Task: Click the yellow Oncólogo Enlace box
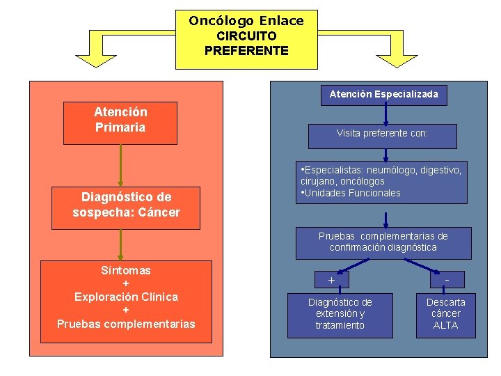click(x=246, y=39)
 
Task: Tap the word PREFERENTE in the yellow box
click(x=246, y=51)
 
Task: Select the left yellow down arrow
click(x=96, y=57)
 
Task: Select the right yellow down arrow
click(x=396, y=57)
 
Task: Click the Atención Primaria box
click(x=120, y=123)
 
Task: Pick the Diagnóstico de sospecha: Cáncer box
click(x=126, y=207)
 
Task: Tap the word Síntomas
click(x=126, y=270)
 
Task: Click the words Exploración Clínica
click(x=126, y=297)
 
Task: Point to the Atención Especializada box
click(x=383, y=94)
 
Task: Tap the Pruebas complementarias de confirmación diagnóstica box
click(x=383, y=242)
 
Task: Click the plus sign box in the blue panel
click(x=331, y=280)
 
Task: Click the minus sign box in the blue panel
click(x=446, y=280)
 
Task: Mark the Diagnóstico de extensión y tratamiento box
click(x=340, y=314)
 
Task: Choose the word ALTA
click(x=446, y=325)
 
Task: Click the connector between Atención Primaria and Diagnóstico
click(x=121, y=166)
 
